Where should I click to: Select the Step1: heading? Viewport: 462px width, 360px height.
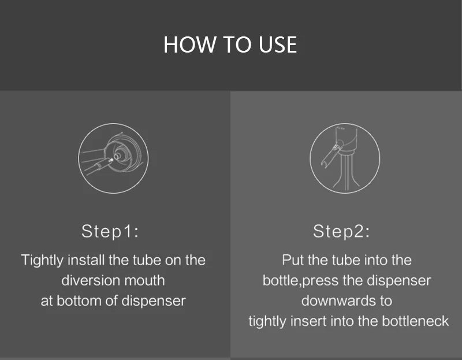click(110, 232)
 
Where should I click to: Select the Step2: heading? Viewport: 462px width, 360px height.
click(341, 232)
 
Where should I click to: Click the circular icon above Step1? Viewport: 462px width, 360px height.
click(113, 158)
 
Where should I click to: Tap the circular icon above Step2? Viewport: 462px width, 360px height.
click(345, 158)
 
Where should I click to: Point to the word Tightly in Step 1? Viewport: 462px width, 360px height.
click(42, 261)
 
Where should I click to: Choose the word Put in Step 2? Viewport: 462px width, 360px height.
click(292, 260)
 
